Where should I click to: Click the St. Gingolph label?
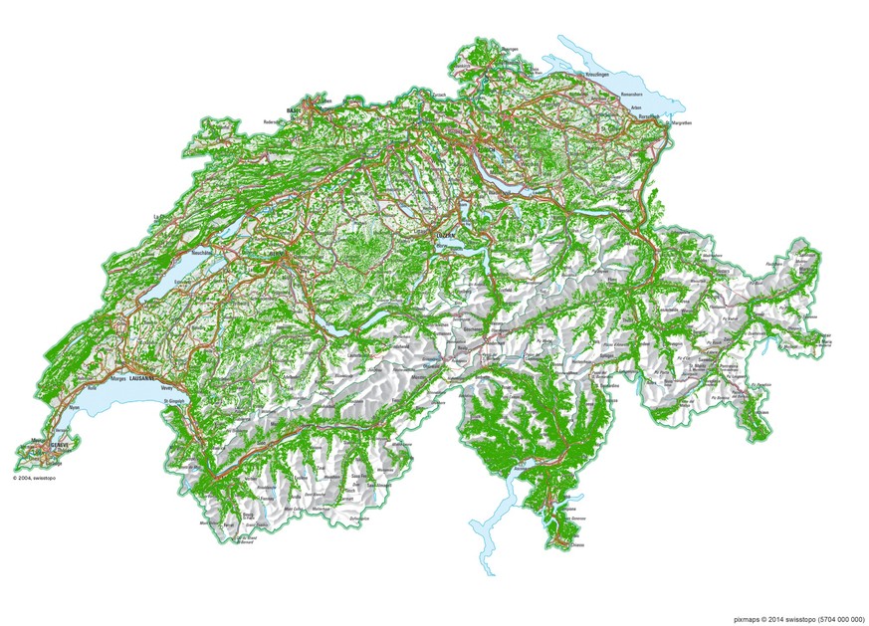point(174,401)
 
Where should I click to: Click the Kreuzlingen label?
point(597,75)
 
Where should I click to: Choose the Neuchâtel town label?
point(208,254)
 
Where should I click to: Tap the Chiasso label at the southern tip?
point(578,544)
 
